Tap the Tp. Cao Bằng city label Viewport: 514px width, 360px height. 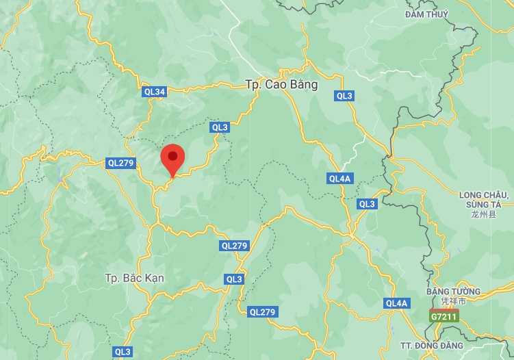coord(281,85)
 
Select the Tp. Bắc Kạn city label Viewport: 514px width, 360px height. coord(135,279)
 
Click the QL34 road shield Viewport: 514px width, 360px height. coord(155,92)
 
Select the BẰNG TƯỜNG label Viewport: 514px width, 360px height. coord(453,292)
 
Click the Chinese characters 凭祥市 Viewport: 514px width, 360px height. coord(453,301)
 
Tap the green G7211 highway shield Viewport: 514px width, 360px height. coord(444,317)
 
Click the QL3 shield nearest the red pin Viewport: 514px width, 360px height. coord(220,127)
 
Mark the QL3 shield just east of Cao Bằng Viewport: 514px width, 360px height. coord(344,96)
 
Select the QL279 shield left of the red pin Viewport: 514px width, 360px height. coord(120,163)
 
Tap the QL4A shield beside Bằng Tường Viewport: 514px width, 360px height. coord(396,303)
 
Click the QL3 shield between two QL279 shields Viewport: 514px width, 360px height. coord(234,279)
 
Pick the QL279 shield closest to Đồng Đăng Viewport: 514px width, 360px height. coord(262,312)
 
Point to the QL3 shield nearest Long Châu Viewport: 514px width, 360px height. coord(367,204)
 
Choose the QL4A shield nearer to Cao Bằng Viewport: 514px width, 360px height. coord(339,179)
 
